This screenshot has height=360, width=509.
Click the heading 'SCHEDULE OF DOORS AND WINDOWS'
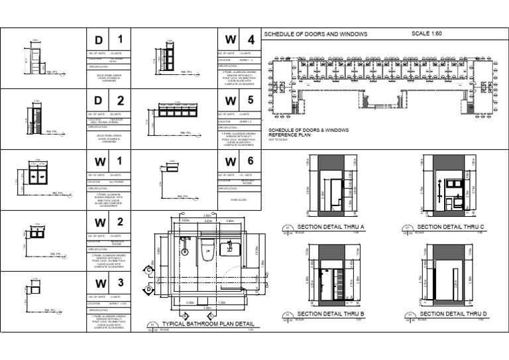point(315,34)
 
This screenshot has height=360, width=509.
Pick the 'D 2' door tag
point(109,101)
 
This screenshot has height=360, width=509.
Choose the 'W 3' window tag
point(109,284)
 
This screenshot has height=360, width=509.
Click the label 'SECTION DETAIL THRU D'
point(453,314)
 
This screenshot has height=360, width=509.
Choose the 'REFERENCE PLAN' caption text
point(286,133)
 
